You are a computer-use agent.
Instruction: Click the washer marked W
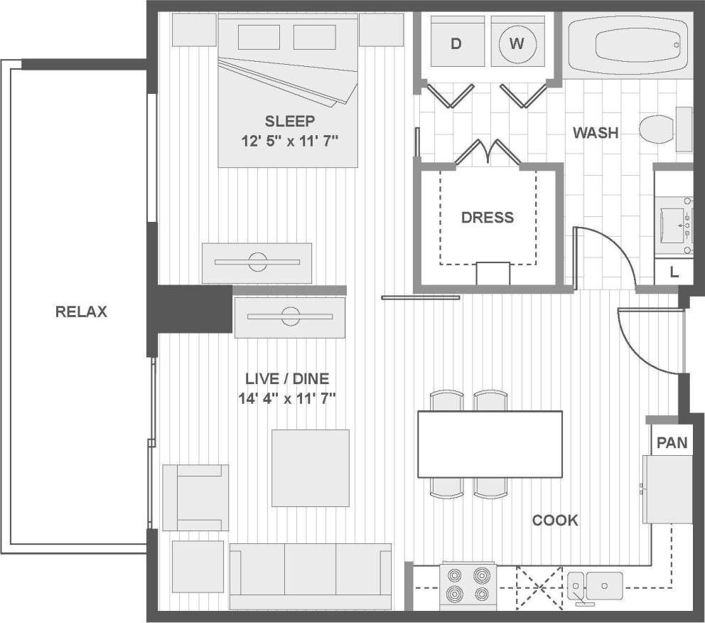517,44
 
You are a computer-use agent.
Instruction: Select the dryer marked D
456,44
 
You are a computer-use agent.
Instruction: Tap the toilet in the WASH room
657,129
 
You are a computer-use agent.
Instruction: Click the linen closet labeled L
674,272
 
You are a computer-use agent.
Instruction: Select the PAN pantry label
672,443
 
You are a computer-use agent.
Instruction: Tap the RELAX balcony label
81,311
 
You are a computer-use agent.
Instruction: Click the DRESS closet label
488,218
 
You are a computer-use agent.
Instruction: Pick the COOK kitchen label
555,521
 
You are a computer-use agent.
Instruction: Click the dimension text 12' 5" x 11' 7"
288,140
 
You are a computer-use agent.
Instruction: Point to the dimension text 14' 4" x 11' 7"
286,398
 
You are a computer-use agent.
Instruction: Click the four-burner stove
468,584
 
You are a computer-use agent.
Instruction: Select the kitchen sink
595,585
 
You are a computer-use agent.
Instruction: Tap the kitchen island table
490,444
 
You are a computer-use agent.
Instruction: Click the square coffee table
311,468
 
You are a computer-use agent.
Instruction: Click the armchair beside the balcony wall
195,497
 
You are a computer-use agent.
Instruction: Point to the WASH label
596,133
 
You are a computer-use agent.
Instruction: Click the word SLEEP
289,121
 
